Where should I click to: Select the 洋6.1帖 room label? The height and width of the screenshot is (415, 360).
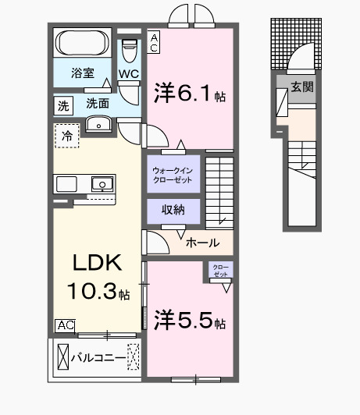tap(190, 95)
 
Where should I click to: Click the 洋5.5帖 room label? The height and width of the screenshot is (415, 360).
tap(190, 320)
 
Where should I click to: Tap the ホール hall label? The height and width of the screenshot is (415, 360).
tap(202, 243)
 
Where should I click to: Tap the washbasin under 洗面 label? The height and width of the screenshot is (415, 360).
tap(99, 124)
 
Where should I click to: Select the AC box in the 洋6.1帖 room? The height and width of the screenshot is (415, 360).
tap(154, 41)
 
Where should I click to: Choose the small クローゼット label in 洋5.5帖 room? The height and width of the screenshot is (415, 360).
tap(220, 271)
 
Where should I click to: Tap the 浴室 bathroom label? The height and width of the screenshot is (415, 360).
tap(82, 73)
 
